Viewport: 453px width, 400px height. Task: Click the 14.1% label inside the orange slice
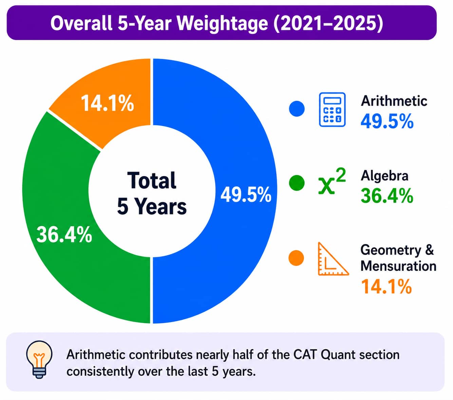(x=108, y=103)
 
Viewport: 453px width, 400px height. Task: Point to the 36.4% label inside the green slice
(x=64, y=234)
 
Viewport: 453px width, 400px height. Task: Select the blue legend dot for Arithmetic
(x=297, y=109)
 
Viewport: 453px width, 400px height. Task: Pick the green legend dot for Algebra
(x=297, y=183)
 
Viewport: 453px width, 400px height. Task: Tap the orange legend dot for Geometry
(x=297, y=258)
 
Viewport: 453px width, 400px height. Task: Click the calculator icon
(x=332, y=110)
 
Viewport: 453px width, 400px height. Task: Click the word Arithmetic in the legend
(x=394, y=101)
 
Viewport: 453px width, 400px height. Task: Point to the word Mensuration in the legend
(x=398, y=267)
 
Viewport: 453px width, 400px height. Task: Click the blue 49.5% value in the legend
(x=387, y=121)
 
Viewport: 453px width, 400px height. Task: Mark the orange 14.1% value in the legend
(x=386, y=286)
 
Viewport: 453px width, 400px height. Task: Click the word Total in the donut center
(x=152, y=181)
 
